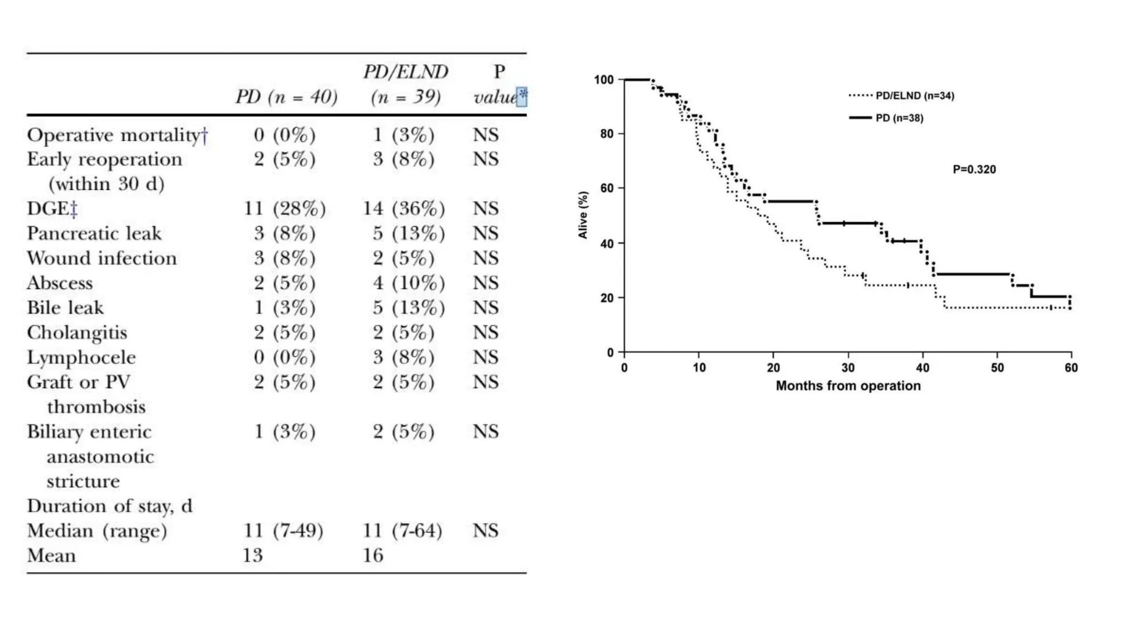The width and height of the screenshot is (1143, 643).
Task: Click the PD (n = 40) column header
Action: (x=286, y=97)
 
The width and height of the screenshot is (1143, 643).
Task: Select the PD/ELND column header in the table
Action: (x=406, y=84)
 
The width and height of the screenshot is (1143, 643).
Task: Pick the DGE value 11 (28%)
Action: (x=285, y=209)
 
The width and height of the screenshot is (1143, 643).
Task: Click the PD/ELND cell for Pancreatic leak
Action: (x=409, y=233)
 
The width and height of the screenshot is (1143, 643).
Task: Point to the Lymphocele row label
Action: (x=81, y=358)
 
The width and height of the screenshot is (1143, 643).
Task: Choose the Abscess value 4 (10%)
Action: (x=409, y=283)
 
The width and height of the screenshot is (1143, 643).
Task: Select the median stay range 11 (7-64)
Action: (x=402, y=530)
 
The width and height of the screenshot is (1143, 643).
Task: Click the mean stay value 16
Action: (x=373, y=555)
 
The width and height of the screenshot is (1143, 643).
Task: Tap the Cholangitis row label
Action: (x=77, y=333)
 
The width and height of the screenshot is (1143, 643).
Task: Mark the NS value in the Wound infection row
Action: (x=486, y=258)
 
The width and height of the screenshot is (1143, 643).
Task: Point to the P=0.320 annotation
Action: (x=974, y=170)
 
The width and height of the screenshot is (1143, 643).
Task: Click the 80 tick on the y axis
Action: (x=607, y=134)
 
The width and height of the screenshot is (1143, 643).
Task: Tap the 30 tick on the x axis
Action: (x=848, y=368)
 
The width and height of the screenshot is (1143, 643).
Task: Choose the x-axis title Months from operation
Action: (x=848, y=386)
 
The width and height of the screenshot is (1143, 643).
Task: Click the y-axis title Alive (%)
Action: (x=583, y=215)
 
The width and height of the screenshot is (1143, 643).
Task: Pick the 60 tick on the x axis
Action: (x=1071, y=368)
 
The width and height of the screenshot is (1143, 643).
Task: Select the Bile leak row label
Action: (x=65, y=308)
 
